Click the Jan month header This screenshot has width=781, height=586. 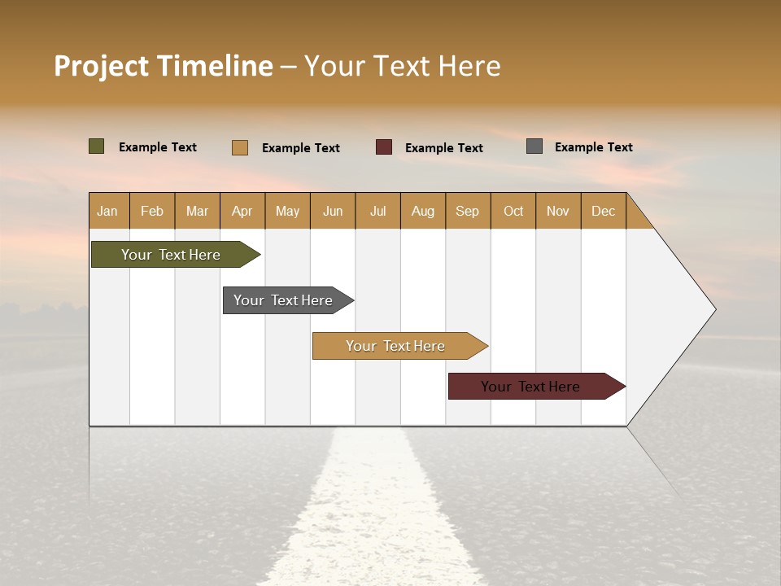(x=107, y=211)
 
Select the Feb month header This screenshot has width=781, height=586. (x=152, y=211)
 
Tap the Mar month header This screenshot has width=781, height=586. (x=197, y=211)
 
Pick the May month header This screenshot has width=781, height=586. (x=287, y=211)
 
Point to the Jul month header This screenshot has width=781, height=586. (x=377, y=211)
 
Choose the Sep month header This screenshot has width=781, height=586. (x=467, y=211)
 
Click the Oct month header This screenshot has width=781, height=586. (x=513, y=211)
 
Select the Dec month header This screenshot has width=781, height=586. (x=603, y=211)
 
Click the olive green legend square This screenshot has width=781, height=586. (x=97, y=146)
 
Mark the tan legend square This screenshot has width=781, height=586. (x=240, y=147)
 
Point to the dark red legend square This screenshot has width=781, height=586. (x=384, y=147)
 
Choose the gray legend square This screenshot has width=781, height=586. (x=534, y=146)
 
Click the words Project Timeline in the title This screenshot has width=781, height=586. (x=164, y=66)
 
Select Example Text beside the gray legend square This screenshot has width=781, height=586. (x=593, y=147)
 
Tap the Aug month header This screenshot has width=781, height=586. (x=422, y=211)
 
